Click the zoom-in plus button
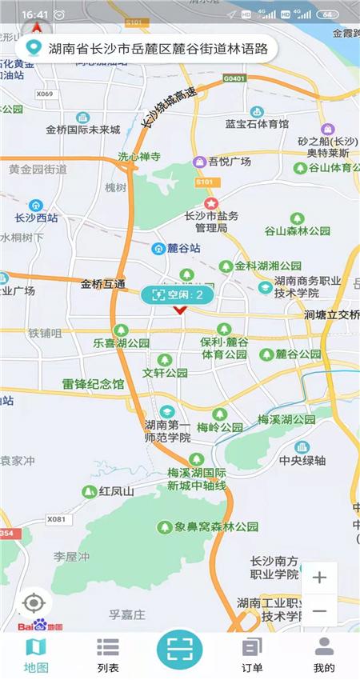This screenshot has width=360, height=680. [319, 578]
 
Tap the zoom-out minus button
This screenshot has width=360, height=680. [319, 611]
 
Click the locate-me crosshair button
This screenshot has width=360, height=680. [33, 602]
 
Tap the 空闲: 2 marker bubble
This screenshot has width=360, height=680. [178, 295]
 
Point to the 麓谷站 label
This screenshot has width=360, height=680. [184, 249]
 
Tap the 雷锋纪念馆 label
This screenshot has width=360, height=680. [94, 384]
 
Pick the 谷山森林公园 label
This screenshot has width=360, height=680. [298, 230]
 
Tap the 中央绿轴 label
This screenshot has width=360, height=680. [302, 460]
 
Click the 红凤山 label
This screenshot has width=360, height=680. [117, 491]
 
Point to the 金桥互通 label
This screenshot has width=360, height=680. [103, 284]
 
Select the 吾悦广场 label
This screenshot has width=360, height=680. [230, 162]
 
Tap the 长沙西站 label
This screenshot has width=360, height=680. [36, 218]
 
